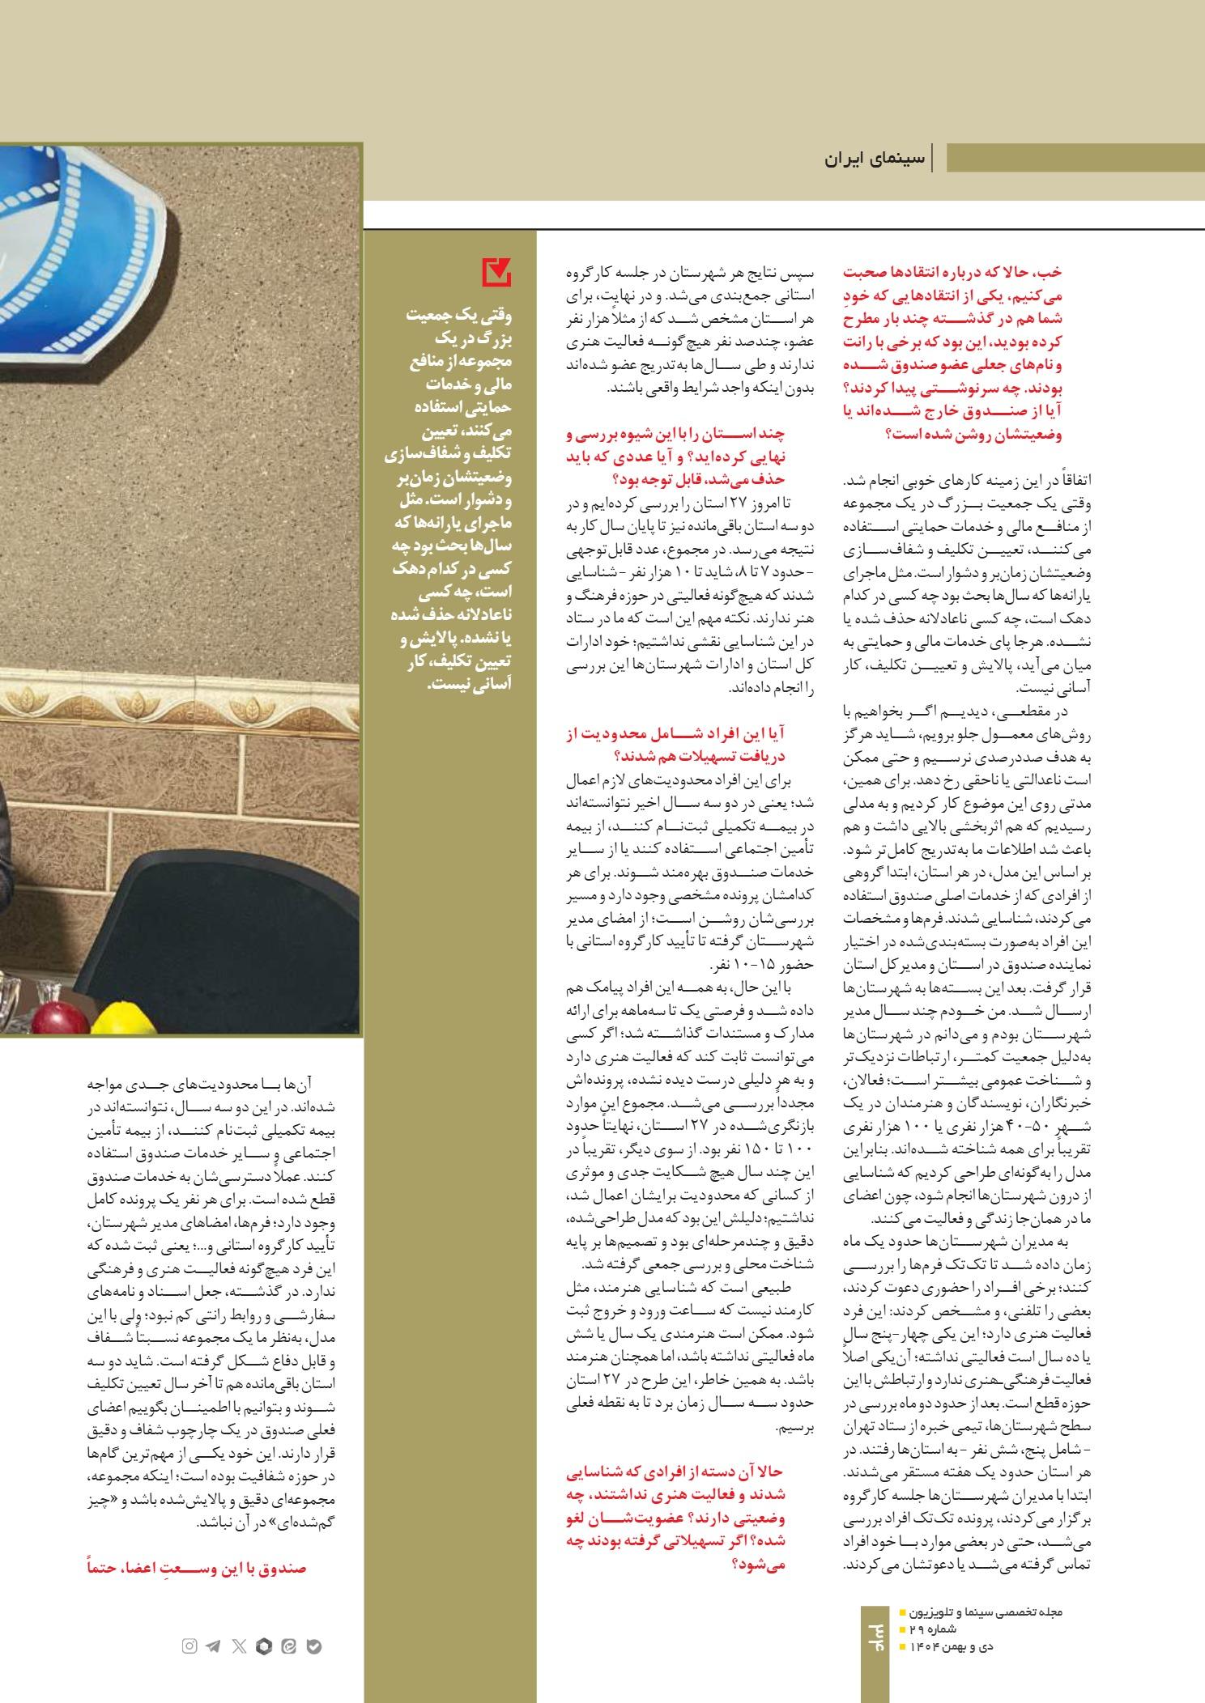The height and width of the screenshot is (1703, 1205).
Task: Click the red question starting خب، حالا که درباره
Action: (x=952, y=352)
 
